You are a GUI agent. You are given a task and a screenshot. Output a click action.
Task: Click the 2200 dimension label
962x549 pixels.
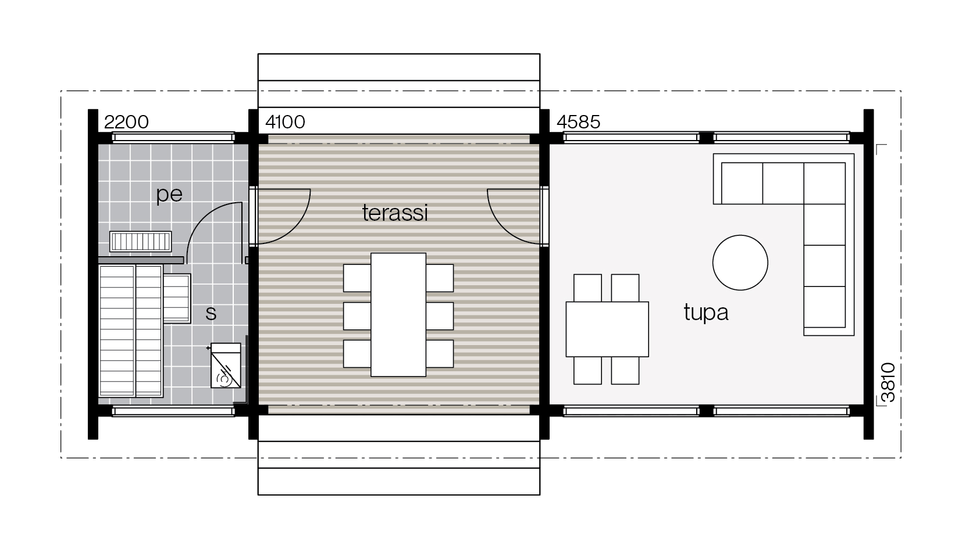tap(126, 122)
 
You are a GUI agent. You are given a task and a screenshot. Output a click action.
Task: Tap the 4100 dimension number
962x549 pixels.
tap(285, 122)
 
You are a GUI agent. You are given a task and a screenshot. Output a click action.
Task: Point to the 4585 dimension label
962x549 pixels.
tap(578, 122)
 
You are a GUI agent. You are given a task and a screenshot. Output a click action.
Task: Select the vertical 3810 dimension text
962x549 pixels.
tap(888, 383)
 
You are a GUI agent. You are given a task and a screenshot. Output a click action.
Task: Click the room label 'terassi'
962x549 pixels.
tap(395, 213)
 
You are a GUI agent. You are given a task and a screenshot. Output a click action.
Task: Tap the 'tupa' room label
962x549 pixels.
tap(706, 313)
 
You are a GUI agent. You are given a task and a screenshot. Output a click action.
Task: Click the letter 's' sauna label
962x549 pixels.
tap(211, 314)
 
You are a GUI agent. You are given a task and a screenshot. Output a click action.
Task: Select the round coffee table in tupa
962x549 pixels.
tap(740, 263)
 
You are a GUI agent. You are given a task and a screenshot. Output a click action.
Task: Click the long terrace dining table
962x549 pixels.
tap(398, 315)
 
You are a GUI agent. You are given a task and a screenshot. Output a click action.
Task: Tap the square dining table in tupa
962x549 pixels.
tap(607, 329)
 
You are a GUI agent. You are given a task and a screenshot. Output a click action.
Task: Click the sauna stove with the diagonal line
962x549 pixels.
tap(226, 365)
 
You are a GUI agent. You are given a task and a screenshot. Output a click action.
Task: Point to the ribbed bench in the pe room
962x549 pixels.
tap(140, 242)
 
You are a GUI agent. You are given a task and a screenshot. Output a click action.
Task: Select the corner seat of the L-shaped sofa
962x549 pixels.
tap(825, 183)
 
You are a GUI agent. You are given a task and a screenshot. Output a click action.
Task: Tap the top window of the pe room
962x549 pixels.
tap(173, 137)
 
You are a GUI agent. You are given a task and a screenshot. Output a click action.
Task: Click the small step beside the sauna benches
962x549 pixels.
tap(176, 299)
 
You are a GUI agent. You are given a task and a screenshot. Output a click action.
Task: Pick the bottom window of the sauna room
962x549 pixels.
tap(173, 411)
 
